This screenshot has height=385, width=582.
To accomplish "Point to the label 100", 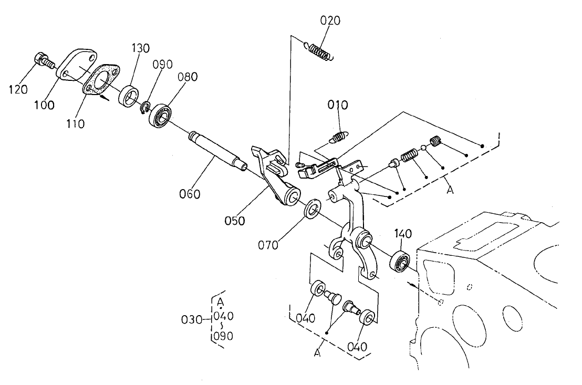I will pyautogui.click(x=44, y=105).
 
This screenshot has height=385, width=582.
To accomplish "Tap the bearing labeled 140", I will pyautogui.click(x=401, y=261).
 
